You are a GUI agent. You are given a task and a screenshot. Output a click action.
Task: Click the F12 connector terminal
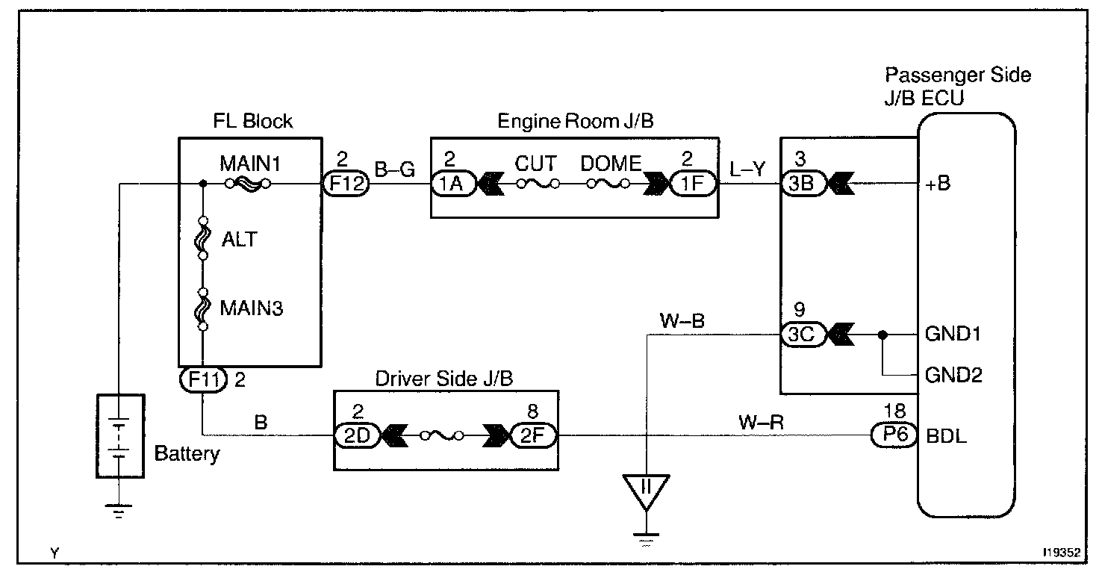(344, 184)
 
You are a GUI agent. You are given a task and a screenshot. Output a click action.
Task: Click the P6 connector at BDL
(894, 436)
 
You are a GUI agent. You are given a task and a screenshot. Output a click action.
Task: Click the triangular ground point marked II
(647, 489)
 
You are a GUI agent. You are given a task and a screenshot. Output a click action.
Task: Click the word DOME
(610, 163)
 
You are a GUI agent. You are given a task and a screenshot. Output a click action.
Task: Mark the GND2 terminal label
(953, 374)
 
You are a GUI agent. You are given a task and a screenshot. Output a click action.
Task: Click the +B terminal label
(938, 184)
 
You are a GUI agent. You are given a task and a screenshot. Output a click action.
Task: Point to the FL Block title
(252, 121)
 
